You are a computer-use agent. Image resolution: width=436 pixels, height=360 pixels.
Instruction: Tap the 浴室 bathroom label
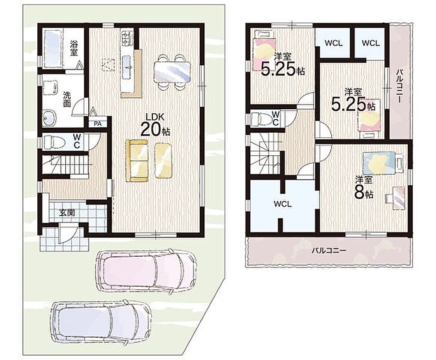(x=74, y=48)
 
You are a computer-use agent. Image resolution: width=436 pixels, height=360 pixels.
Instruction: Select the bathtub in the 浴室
(x=53, y=49)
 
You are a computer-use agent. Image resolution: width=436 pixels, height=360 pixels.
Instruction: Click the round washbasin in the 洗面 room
(x=49, y=118)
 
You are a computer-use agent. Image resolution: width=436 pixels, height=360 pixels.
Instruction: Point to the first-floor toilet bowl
(x=54, y=142)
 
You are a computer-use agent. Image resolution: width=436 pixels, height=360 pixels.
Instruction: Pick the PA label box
(x=97, y=124)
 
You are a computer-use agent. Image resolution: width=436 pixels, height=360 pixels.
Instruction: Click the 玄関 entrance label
(x=67, y=213)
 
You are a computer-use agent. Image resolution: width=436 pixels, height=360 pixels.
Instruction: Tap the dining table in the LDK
(x=172, y=72)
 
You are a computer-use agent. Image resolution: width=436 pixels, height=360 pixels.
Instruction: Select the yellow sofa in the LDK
(x=137, y=161)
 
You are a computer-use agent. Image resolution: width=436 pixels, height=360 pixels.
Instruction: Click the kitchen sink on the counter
(x=128, y=66)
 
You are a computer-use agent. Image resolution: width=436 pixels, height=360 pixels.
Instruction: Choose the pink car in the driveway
(x=145, y=271)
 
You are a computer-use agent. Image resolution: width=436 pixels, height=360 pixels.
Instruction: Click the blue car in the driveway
(x=101, y=321)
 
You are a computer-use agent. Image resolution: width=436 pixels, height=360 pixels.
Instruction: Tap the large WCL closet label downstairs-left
(x=282, y=204)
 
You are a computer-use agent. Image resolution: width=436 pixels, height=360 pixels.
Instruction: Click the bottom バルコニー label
(x=329, y=250)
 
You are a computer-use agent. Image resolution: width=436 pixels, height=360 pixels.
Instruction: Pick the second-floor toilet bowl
(x=261, y=119)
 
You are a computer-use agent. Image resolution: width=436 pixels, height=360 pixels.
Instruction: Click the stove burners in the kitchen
(x=126, y=38)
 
